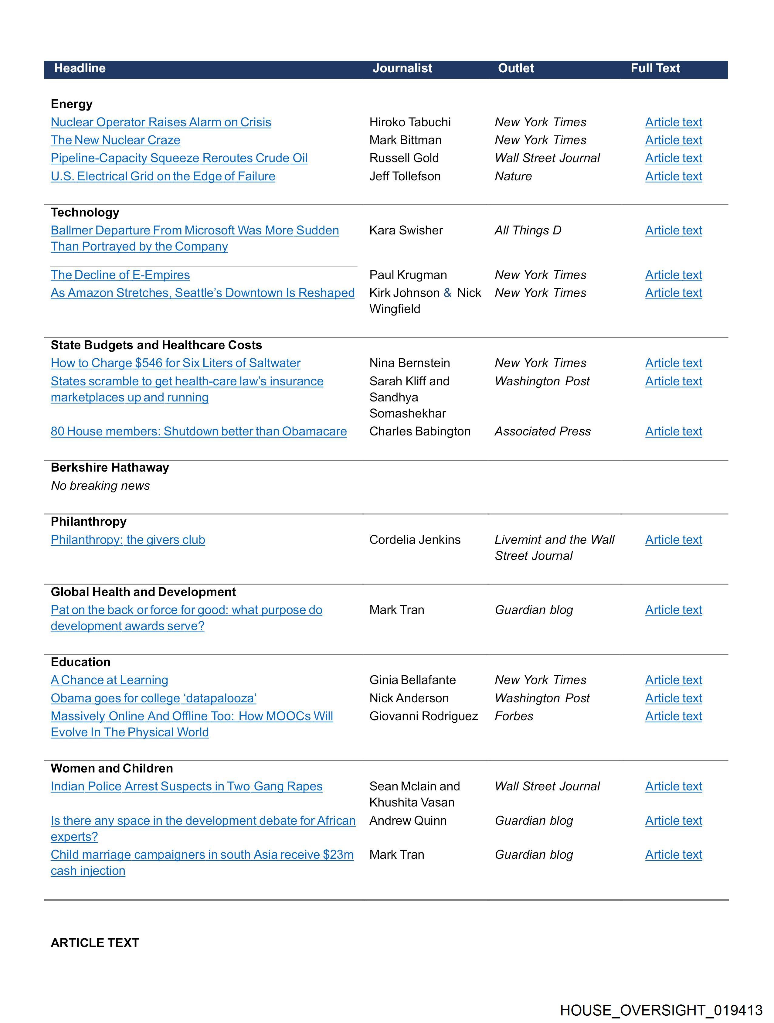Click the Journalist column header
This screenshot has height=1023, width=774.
coord(402,68)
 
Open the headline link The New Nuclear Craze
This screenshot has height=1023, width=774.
coord(116,140)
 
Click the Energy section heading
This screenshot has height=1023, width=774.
coord(72,104)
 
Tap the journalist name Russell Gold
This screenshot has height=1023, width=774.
coord(404,158)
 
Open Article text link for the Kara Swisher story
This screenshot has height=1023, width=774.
coord(673,230)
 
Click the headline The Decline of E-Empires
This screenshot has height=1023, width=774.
coord(120,275)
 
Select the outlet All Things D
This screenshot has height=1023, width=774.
coord(528,230)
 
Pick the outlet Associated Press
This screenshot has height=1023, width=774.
coord(542,431)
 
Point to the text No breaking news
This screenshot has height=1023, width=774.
coord(100,486)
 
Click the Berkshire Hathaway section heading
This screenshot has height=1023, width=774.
coord(110,468)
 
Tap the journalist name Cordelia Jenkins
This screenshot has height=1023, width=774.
coord(415,540)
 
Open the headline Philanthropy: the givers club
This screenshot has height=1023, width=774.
coord(127,540)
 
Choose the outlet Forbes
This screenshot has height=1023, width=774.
coord(514,716)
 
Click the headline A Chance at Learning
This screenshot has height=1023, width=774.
coord(109,680)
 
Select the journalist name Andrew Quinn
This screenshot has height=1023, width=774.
coord(408,821)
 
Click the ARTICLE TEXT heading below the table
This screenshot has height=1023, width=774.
coord(95,943)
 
